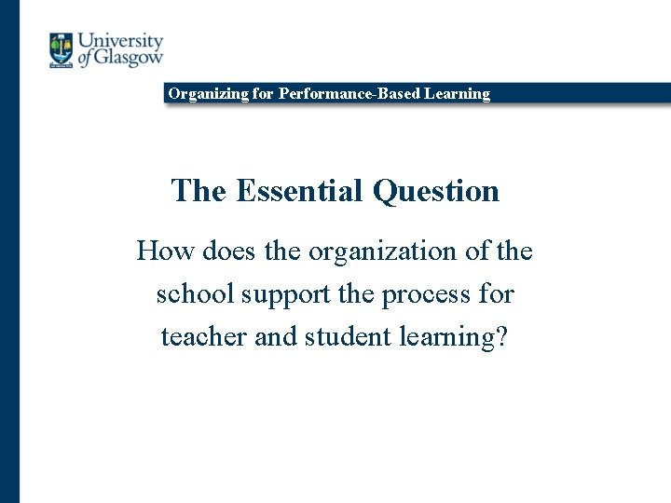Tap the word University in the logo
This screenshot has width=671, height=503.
(120, 42)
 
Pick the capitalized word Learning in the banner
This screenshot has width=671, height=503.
(459, 93)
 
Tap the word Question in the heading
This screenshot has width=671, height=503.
(436, 191)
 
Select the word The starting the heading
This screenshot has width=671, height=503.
(199, 191)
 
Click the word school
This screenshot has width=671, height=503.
(195, 293)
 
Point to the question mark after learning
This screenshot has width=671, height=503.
(502, 335)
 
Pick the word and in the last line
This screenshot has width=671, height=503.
(276, 335)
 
